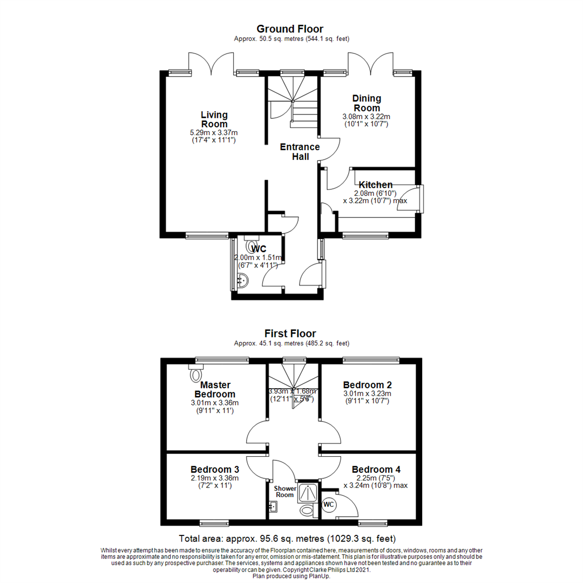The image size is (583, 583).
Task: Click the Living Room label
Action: coord(214,119)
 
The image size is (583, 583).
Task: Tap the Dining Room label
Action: coord(367,103)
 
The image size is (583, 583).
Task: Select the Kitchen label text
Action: coord(376,185)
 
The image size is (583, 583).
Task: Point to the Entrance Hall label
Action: coord(300,152)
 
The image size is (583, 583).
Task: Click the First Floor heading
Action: coord(290,334)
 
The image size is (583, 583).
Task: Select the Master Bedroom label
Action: coord(215,389)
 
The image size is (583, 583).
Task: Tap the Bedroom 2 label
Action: coord(368,385)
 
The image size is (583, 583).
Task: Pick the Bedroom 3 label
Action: coord(215,469)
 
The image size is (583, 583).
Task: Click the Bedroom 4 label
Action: coord(376,469)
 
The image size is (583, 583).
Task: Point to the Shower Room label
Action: coord(284,491)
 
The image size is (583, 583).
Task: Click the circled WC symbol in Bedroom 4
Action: coord(329,504)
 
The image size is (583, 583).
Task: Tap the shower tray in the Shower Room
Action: coord(309,492)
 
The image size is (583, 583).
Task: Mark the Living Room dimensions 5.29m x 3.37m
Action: coord(214,132)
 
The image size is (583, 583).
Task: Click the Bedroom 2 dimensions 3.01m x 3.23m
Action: coord(368,394)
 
